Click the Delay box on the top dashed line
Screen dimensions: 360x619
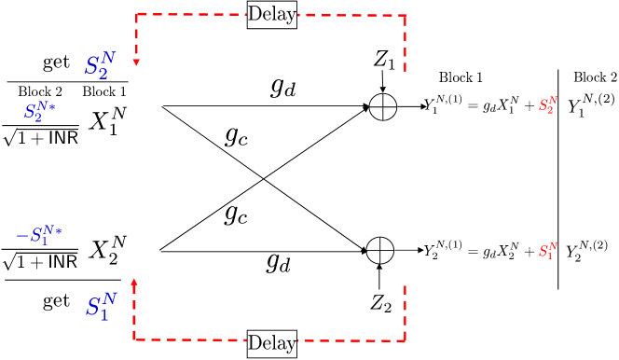(272, 15)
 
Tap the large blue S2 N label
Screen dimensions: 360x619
(98, 66)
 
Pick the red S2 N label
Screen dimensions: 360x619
(547, 105)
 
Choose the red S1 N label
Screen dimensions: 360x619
(547, 251)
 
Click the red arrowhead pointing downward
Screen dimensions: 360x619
(136, 62)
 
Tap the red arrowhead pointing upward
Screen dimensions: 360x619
(134, 282)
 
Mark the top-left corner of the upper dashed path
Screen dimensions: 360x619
(136, 14)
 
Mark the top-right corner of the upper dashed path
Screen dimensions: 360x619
(405, 15)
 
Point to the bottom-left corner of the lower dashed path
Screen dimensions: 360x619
(134, 339)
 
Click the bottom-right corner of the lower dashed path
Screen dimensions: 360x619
(405, 340)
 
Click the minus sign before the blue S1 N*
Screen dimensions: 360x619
(21, 235)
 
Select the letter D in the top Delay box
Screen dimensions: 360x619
(254, 15)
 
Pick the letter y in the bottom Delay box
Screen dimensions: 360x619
(291, 345)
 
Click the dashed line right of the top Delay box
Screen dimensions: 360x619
(350, 15)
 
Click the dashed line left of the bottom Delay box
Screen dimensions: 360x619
(191, 339)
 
